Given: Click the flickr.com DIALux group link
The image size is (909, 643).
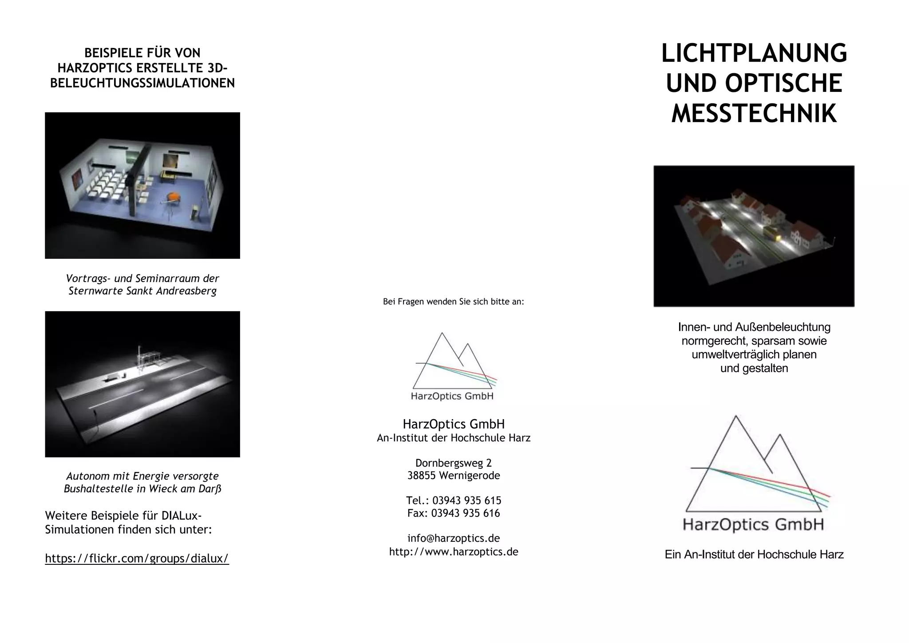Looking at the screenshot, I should tap(137, 558).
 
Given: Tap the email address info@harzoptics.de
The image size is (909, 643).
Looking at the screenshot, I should tap(454, 538).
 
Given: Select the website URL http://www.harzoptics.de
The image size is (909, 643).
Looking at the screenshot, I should tap(454, 552).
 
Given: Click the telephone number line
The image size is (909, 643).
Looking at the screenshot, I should tap(454, 500).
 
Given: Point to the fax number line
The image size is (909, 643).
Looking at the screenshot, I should tap(454, 513).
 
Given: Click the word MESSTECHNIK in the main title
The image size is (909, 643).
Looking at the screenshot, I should tap(754, 113).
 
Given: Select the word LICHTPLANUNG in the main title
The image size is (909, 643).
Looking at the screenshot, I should tap(754, 53).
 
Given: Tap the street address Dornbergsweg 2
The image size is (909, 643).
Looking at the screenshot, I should tap(454, 463).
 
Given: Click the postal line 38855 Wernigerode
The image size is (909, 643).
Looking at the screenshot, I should tap(454, 476).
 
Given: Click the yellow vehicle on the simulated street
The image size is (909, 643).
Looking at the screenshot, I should tap(772, 233).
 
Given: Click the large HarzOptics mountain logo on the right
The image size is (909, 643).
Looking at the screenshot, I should tap(754, 473).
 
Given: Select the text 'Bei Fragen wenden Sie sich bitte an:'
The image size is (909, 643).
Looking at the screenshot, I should tap(453, 302).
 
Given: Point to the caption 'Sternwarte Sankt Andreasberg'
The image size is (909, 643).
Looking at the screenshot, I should tap(142, 291).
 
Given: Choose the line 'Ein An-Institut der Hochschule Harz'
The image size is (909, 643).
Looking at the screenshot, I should tap(754, 555).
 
